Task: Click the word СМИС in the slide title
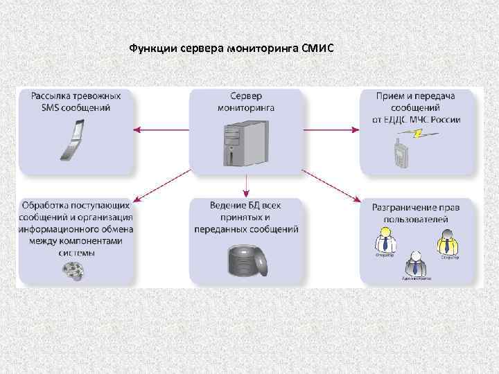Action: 318,49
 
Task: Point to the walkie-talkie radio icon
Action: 399,153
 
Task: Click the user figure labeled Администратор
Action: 415,265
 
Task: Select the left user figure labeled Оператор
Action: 385,241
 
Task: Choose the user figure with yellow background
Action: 448,242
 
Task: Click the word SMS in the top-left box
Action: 42,108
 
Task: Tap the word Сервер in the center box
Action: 246,96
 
